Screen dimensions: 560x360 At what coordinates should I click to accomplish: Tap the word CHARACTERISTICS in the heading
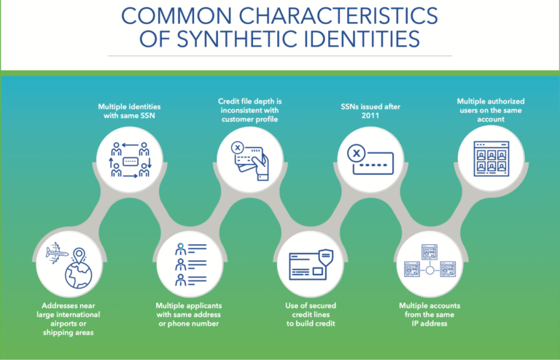(x=338, y=16)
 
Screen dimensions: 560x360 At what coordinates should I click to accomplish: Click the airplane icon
(x=56, y=253)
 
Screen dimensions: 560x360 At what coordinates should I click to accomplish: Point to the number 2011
(x=370, y=116)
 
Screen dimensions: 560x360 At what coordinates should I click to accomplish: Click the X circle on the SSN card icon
(x=356, y=154)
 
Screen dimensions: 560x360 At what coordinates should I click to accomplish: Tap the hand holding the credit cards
(x=261, y=167)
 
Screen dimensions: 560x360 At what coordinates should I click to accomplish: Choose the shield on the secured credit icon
(x=326, y=257)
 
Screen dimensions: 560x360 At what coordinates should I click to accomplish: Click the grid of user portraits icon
(x=491, y=159)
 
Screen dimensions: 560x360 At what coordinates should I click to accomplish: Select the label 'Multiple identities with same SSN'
(x=129, y=111)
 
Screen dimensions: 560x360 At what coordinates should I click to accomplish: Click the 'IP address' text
(x=429, y=324)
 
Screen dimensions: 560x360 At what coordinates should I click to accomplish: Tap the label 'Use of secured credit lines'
(x=311, y=310)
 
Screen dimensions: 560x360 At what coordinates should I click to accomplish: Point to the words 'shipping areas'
(x=69, y=332)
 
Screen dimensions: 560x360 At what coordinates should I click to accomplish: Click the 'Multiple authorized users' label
(x=491, y=106)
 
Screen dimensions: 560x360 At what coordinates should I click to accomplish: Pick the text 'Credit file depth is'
(x=249, y=101)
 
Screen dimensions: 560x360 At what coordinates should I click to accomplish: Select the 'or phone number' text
(x=189, y=324)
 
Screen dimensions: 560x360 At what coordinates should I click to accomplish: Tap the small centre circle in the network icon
(x=429, y=270)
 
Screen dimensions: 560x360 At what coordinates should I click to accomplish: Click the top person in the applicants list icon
(x=181, y=249)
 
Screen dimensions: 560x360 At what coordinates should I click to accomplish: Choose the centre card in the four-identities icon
(x=130, y=161)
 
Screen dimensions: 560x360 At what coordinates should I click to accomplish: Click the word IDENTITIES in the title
(x=362, y=39)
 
